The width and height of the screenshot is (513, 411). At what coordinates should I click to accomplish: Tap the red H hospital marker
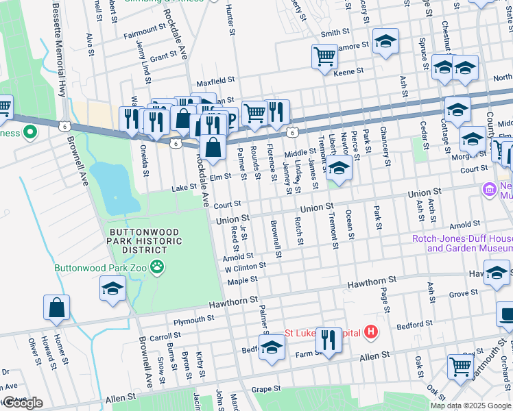[371, 333]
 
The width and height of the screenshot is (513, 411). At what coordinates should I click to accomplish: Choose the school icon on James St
[338, 167]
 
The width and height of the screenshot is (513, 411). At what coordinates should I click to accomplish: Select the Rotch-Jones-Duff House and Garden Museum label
[462, 244]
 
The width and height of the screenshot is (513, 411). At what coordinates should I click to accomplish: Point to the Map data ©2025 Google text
[470, 405]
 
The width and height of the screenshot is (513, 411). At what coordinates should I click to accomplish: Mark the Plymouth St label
[194, 320]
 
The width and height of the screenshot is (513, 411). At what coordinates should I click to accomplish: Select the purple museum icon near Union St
[490, 188]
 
